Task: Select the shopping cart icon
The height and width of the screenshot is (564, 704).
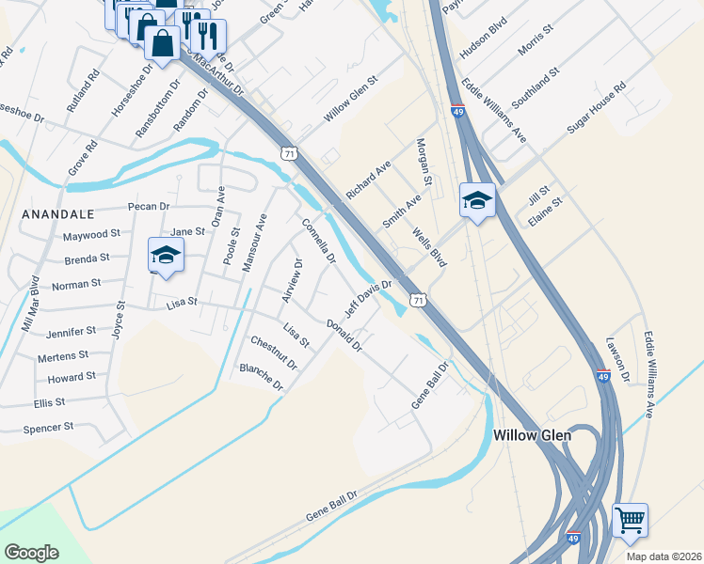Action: coord(629,520)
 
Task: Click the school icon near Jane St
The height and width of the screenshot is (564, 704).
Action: coord(166,256)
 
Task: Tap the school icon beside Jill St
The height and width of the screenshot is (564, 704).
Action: coord(478,200)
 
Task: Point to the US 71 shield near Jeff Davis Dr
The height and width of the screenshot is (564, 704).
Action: coord(418,300)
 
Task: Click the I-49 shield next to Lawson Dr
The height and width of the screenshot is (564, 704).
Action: coord(603,376)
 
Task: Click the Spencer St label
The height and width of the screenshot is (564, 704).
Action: coord(48,427)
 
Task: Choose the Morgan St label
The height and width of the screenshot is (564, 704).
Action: coord(424,162)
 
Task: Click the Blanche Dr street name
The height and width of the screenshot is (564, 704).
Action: coord(262,376)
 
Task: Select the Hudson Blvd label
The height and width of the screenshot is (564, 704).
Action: coord(484,42)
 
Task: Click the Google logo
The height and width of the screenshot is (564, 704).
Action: coord(31,552)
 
